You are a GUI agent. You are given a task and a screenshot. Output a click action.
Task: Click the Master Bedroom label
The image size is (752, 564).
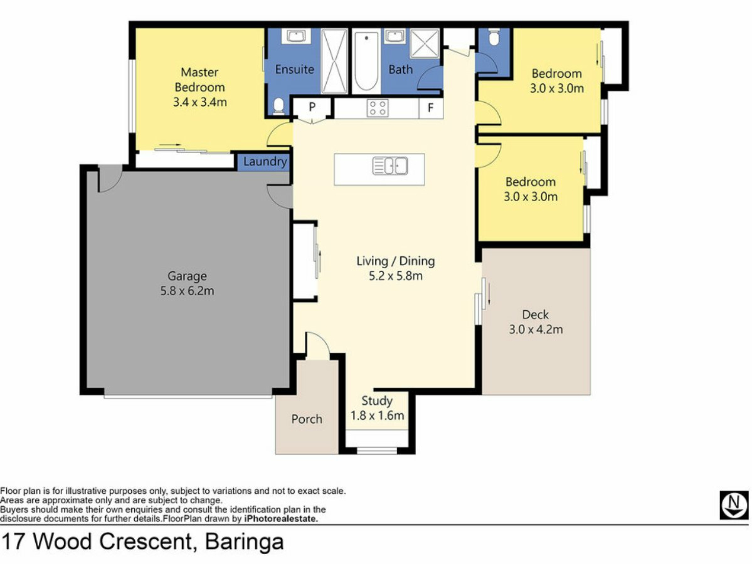click(x=200, y=80)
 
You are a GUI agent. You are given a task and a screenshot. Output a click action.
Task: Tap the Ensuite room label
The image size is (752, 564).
click(x=295, y=69)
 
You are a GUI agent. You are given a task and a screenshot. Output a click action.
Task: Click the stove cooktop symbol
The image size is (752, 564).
click(x=378, y=108)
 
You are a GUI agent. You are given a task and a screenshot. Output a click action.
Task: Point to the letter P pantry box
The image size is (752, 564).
click(x=312, y=107)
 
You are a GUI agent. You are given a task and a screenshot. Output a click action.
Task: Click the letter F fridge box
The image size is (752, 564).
click(x=430, y=108)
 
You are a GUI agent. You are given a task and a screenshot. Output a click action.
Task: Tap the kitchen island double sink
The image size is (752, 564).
click(x=390, y=165)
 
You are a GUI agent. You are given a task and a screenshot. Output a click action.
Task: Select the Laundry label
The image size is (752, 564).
click(x=265, y=161)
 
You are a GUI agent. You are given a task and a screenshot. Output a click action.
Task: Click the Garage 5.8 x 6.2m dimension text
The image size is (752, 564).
click(x=187, y=291)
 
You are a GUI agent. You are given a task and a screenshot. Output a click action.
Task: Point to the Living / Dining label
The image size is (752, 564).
click(x=396, y=261)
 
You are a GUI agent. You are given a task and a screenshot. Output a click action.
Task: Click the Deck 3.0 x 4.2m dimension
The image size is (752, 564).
click(x=536, y=329)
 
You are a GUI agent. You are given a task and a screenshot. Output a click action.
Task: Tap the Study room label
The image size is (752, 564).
click(x=377, y=401)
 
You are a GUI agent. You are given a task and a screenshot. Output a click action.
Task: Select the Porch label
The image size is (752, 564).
click(x=307, y=419)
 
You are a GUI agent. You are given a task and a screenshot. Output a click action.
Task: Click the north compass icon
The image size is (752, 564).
click(x=734, y=505)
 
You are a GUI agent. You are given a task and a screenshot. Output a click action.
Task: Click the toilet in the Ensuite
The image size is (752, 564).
click(x=278, y=106)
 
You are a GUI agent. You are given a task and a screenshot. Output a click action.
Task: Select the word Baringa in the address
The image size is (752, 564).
click(x=244, y=542)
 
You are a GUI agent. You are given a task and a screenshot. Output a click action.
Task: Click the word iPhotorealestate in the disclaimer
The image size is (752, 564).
click(x=281, y=519)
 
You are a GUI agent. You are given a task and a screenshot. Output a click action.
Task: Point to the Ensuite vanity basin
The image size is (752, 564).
click(x=296, y=36)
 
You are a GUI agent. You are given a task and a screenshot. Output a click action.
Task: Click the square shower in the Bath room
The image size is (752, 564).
click(x=425, y=43)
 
